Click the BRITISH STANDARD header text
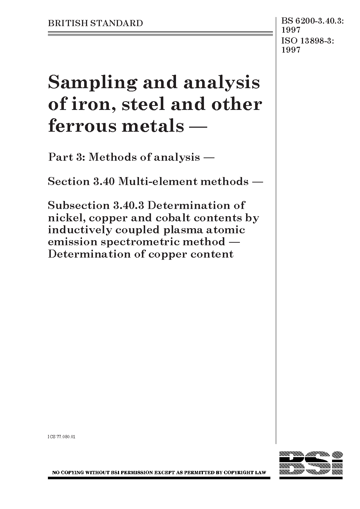point(95,24)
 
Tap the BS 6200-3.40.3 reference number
point(312,24)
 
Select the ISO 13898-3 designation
point(307,41)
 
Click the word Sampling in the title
point(92,83)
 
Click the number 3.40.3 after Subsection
point(128,205)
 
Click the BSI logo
point(311,465)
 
